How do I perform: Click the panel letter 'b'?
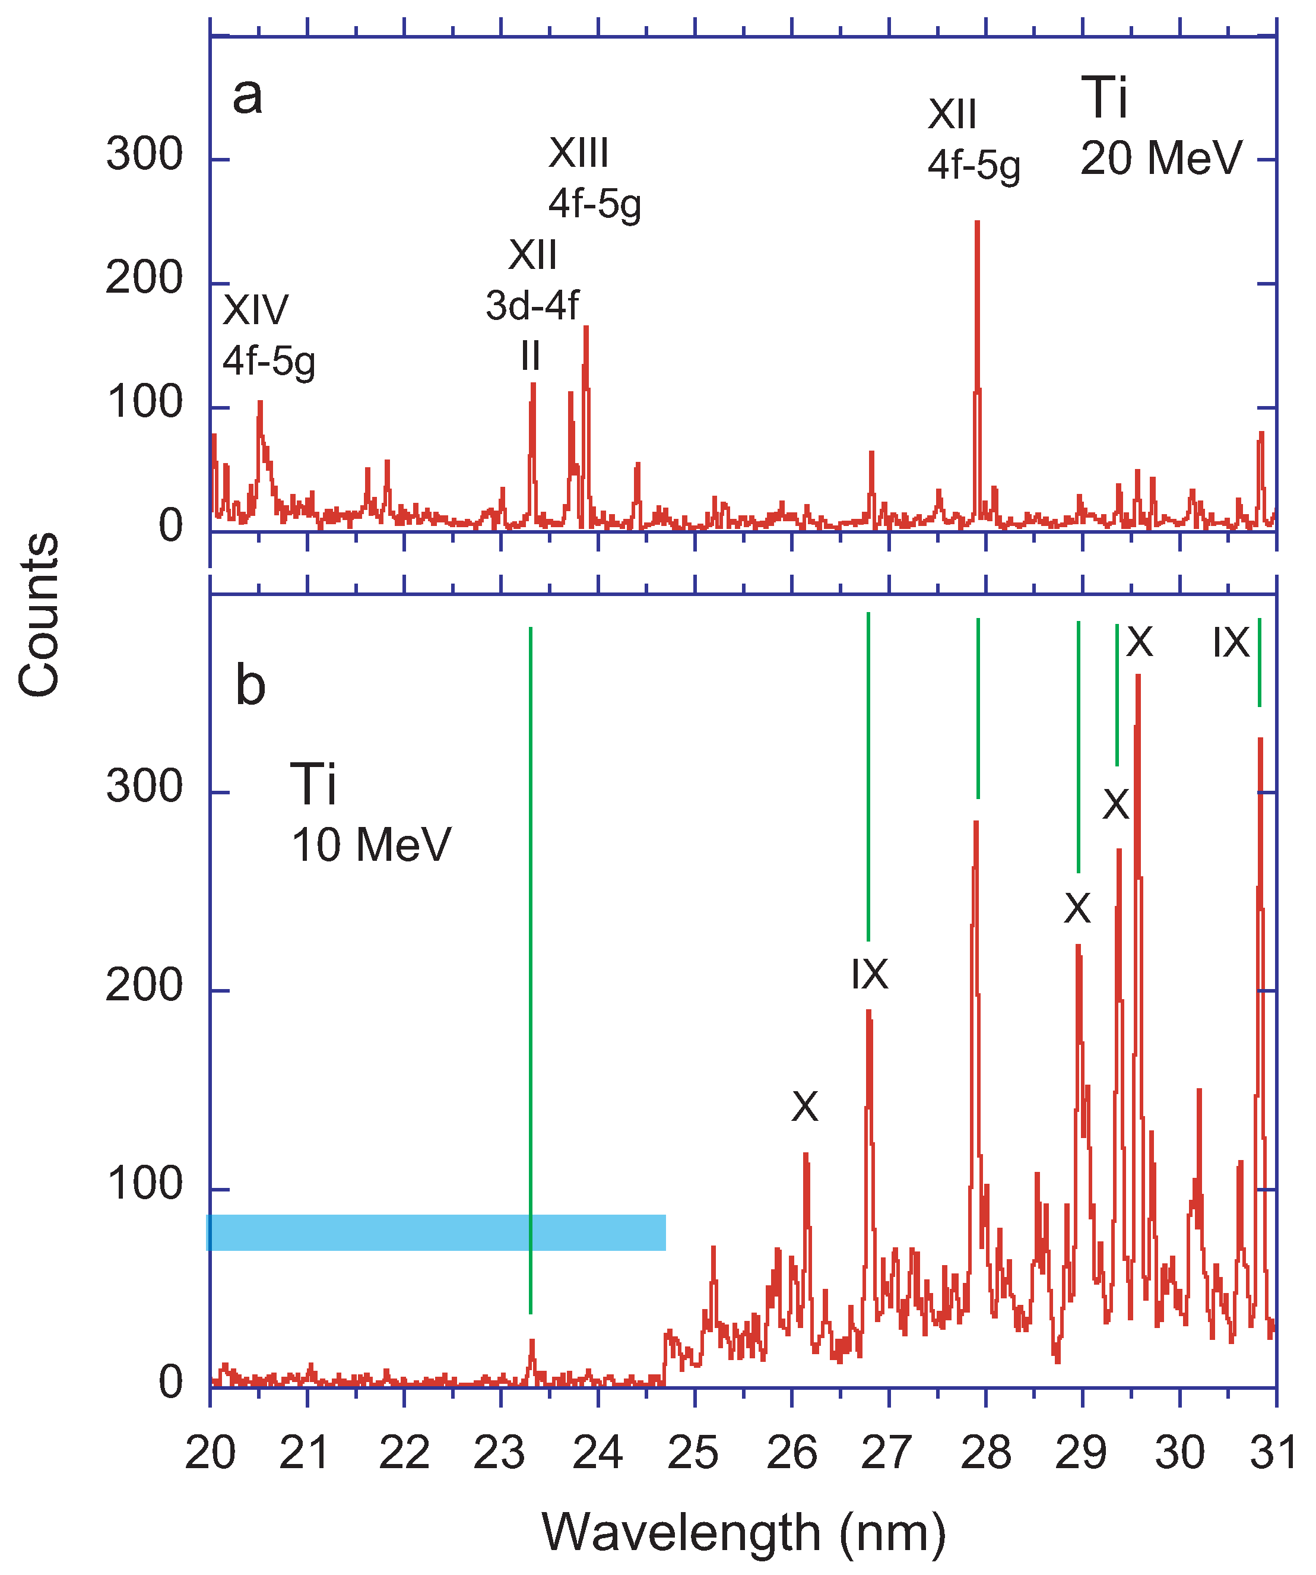[250, 686]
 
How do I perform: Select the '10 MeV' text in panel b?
[371, 845]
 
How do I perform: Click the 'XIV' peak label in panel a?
[256, 310]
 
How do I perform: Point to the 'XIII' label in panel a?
[578, 153]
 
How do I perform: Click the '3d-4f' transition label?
[532, 306]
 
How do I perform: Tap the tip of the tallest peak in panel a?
[977, 222]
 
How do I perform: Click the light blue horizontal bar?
[436, 1232]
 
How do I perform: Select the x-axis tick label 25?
[693, 1453]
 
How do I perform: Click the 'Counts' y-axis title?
[39, 615]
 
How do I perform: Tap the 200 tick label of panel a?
[144, 279]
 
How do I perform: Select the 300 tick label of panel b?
[144, 787]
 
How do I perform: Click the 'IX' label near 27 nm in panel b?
[869, 975]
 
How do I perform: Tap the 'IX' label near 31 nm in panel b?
[1231, 644]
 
